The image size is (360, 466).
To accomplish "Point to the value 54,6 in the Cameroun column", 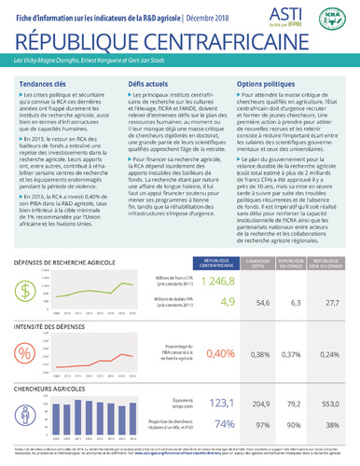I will point(262,302).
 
